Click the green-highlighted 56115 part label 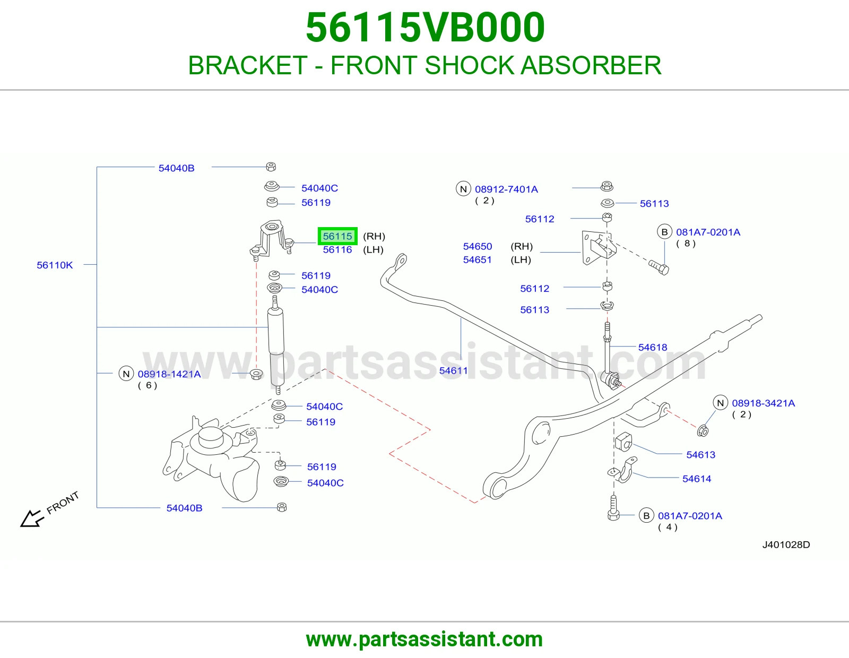pyautogui.click(x=337, y=236)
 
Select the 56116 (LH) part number pyautogui.click(x=337, y=250)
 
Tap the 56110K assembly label pyautogui.click(x=55, y=265)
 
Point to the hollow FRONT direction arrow pyautogui.click(x=32, y=518)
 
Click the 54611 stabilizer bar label pyautogui.click(x=453, y=371)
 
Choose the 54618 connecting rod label pyautogui.click(x=653, y=348)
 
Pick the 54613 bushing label pyautogui.click(x=700, y=455)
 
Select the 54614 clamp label pyautogui.click(x=697, y=479)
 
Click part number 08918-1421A pyautogui.click(x=169, y=374)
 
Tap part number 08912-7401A pyautogui.click(x=506, y=189)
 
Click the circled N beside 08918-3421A pyautogui.click(x=721, y=403)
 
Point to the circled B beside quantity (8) pyautogui.click(x=664, y=232)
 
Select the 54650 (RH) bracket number pyautogui.click(x=478, y=247)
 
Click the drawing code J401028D pyautogui.click(x=786, y=544)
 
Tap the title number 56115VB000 pyautogui.click(x=425, y=28)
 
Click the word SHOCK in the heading pyautogui.click(x=470, y=65)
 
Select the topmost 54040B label pyautogui.click(x=176, y=168)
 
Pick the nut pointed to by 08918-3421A pyautogui.click(x=703, y=431)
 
